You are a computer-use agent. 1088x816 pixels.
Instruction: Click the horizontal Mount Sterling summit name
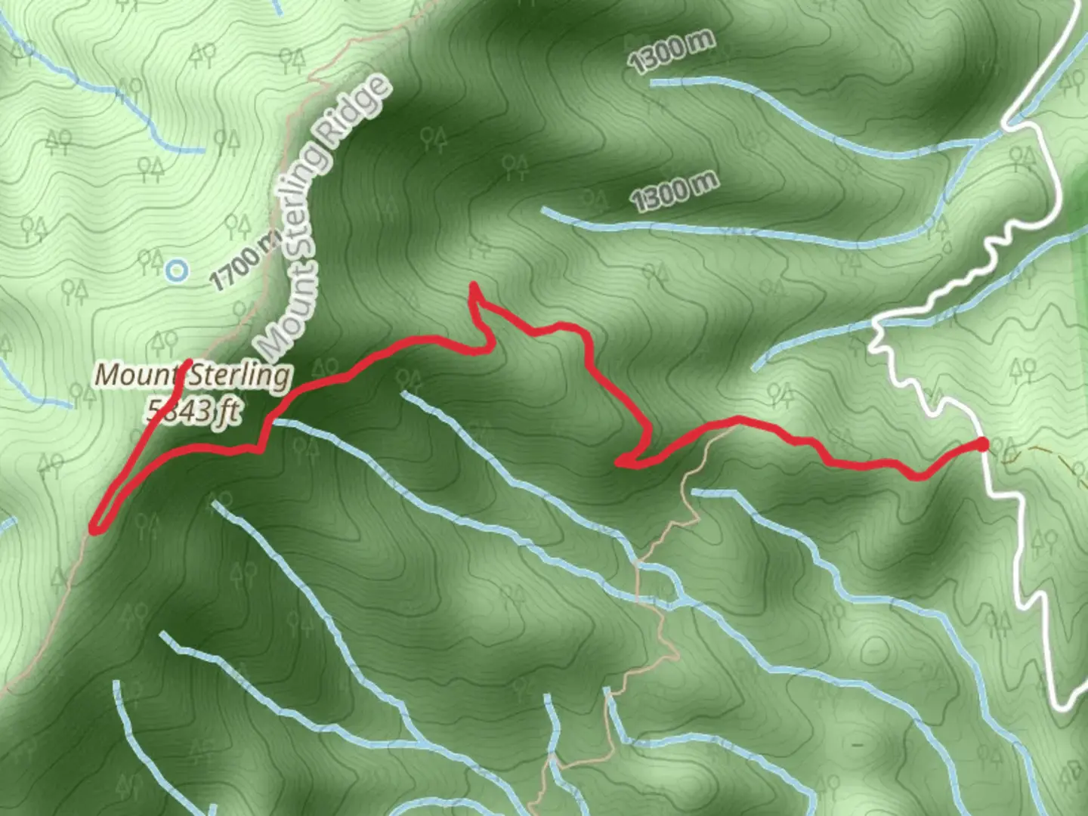193,376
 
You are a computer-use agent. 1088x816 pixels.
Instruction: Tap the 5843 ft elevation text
194,412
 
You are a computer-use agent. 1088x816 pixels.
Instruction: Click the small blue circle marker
177,270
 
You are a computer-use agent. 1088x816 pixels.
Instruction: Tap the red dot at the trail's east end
982,444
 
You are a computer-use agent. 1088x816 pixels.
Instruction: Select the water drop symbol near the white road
947,246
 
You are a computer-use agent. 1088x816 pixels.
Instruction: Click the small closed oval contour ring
873,649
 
